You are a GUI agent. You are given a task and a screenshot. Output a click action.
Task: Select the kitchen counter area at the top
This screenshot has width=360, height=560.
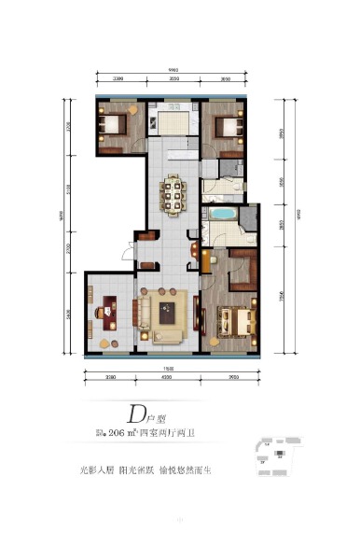[173, 122]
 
